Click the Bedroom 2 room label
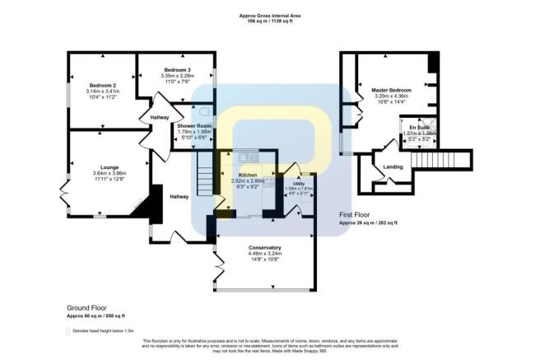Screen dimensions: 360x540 click(103, 85)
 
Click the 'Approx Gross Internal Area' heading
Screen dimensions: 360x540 click(269, 15)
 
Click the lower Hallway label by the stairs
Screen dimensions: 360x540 click(179, 196)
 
